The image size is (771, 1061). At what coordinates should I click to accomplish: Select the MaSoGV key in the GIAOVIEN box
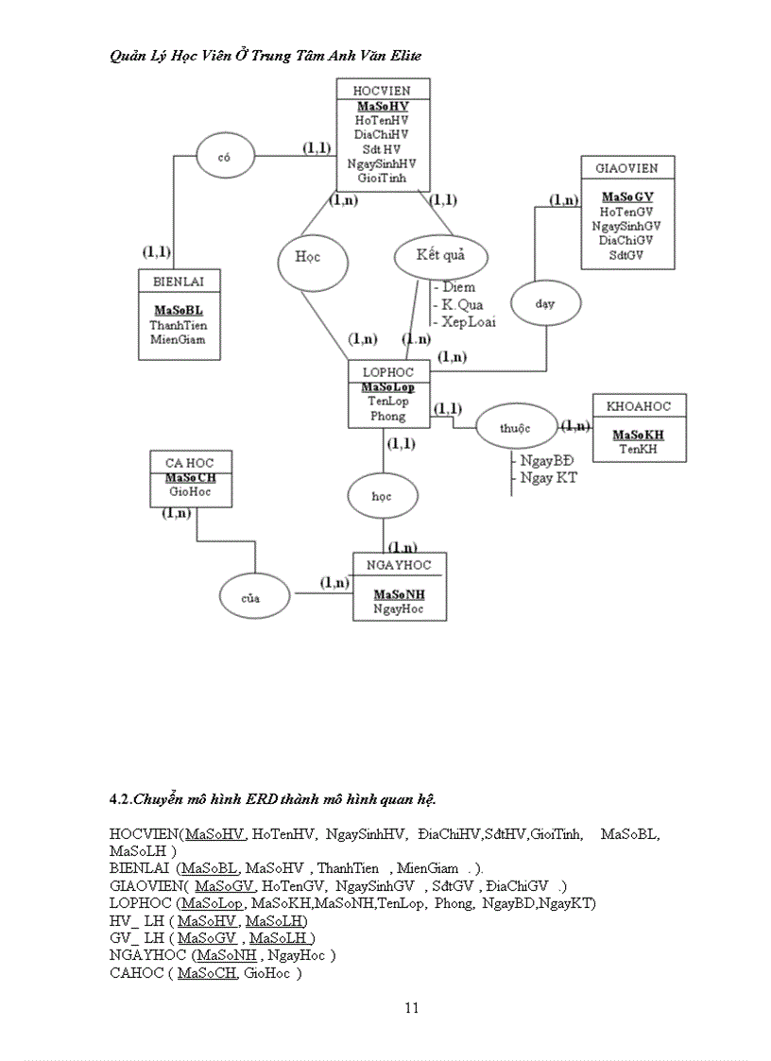[x=627, y=197]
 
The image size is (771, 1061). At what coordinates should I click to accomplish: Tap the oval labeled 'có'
[x=225, y=158]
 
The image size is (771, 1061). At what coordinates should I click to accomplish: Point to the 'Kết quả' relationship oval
[x=440, y=255]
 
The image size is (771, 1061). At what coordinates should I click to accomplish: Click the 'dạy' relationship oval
[x=544, y=304]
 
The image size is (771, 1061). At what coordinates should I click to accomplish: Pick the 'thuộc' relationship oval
[x=516, y=427]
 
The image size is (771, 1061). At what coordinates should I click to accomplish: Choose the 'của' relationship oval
[x=251, y=597]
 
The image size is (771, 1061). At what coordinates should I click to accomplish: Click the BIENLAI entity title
[x=179, y=281]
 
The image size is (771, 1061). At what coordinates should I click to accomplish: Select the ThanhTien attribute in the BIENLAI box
[x=179, y=324]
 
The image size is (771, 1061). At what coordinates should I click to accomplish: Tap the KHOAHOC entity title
[x=639, y=406]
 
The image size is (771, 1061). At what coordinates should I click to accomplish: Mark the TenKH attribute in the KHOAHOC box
[x=639, y=449]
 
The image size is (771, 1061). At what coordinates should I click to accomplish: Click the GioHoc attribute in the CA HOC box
[x=191, y=491]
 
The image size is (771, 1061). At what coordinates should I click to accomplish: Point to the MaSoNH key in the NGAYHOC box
[x=399, y=594]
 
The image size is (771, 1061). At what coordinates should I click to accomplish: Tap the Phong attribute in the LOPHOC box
[x=387, y=416]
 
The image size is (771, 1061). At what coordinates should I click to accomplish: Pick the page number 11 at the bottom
[x=411, y=1007]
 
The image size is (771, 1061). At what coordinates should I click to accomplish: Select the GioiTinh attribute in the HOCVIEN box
[x=382, y=178]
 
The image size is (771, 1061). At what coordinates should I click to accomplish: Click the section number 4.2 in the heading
[x=119, y=799]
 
